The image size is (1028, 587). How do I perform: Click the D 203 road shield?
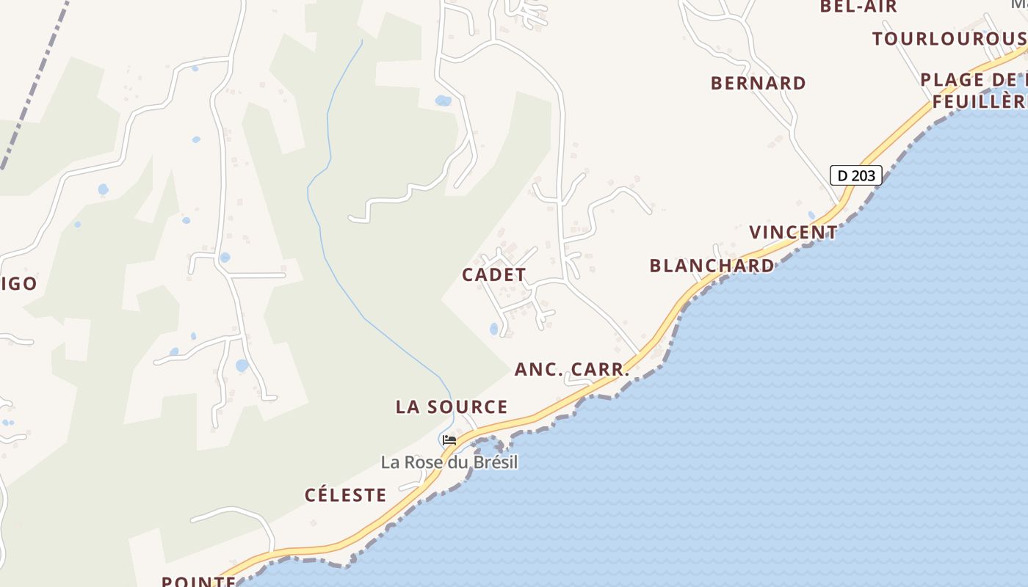click(x=855, y=175)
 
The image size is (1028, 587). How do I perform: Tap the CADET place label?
click(x=493, y=275)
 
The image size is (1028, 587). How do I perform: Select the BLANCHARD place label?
click(x=712, y=266)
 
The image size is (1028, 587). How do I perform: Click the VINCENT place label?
click(x=793, y=233)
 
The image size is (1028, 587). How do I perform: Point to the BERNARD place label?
click(x=758, y=83)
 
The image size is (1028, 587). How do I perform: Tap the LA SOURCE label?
click(x=452, y=406)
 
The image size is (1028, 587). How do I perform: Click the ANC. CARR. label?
click(x=572, y=369)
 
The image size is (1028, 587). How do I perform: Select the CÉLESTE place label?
click(x=345, y=495)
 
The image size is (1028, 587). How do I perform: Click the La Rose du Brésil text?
click(x=449, y=462)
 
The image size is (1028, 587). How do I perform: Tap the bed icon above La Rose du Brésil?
click(x=449, y=440)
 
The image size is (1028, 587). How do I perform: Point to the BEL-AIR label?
click(x=858, y=7)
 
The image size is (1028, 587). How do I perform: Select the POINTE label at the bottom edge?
click(x=198, y=581)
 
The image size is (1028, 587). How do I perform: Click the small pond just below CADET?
click(x=493, y=329)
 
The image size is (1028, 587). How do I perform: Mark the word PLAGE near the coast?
click(x=952, y=79)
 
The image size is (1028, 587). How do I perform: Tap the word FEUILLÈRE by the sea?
click(x=980, y=101)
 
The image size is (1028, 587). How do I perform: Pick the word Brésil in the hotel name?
click(x=495, y=462)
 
